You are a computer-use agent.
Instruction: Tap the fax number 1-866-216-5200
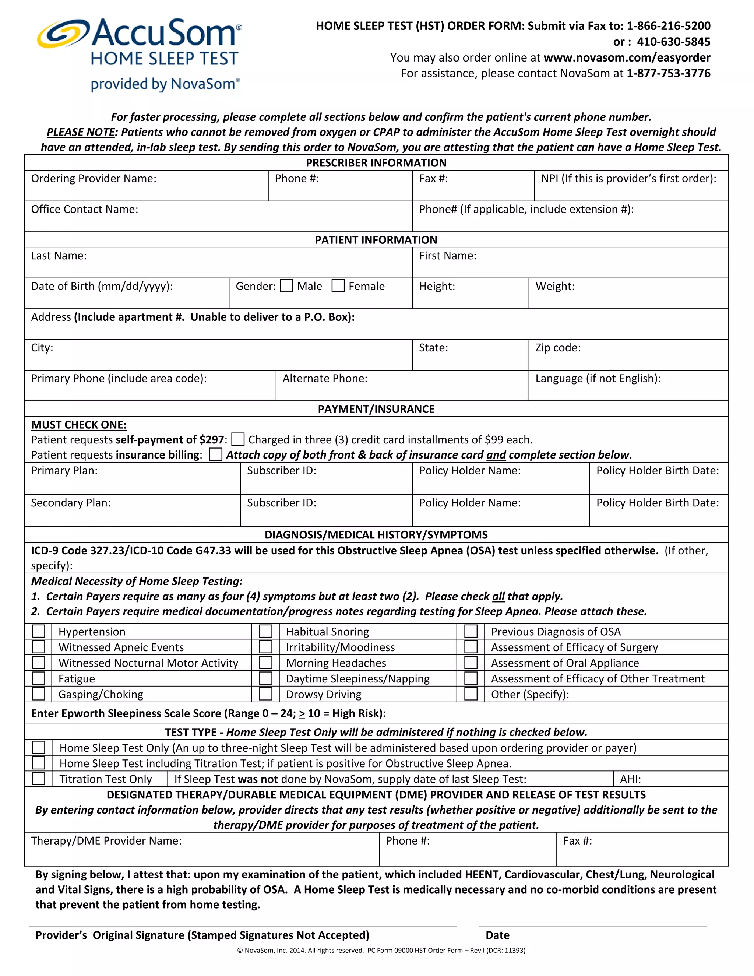(x=668, y=26)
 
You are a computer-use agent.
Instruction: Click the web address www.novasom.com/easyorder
(x=627, y=58)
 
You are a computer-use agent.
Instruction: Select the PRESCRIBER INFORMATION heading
(x=376, y=163)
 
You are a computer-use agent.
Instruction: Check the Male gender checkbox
(x=286, y=286)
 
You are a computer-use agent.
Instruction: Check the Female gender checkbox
(x=338, y=286)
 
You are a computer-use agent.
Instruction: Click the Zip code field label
(x=558, y=348)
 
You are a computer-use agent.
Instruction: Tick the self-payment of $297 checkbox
(x=238, y=439)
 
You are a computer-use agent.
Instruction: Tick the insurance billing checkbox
(x=216, y=454)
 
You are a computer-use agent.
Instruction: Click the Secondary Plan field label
(x=71, y=503)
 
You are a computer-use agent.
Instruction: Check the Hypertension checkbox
(x=38, y=631)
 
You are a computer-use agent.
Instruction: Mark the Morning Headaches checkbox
(x=266, y=663)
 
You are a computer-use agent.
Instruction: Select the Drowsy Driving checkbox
(x=266, y=694)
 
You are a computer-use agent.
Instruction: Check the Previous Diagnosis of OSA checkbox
(x=471, y=631)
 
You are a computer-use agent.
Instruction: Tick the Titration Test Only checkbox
(x=38, y=779)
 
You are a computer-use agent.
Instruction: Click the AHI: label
(x=630, y=779)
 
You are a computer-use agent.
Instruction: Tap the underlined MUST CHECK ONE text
(x=79, y=425)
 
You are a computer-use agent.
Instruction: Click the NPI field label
(x=628, y=178)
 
